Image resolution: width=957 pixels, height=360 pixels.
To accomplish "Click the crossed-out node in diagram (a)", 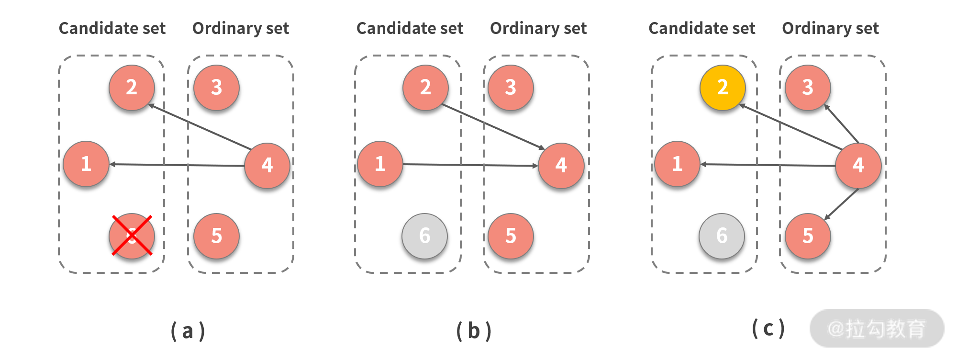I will [132, 236].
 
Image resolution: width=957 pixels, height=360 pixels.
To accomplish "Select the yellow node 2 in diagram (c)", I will [722, 88].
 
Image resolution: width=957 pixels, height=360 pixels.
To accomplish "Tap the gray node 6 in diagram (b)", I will [425, 236].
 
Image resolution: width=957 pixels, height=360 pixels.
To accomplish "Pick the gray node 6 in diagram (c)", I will [722, 236].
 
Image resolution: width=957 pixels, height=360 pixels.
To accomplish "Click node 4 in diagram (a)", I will [267, 166].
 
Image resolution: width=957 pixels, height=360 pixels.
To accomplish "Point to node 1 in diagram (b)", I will [380, 164].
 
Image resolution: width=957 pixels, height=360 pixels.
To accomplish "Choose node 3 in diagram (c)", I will [808, 88].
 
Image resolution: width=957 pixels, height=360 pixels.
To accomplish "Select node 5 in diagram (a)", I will [216, 236].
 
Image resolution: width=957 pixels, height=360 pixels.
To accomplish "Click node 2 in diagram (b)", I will [425, 88].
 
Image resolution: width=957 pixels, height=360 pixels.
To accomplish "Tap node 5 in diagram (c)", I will [808, 236].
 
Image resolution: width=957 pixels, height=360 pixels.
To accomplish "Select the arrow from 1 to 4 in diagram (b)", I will [469, 165].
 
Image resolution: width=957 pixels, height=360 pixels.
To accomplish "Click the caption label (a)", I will [188, 331].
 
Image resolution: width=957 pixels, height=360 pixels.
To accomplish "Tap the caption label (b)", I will [474, 331].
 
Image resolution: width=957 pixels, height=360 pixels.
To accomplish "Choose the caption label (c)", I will [768, 329].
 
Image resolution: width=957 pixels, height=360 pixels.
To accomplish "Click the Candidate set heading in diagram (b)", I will [410, 28].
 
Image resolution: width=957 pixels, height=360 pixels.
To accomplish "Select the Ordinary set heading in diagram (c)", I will [830, 28].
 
